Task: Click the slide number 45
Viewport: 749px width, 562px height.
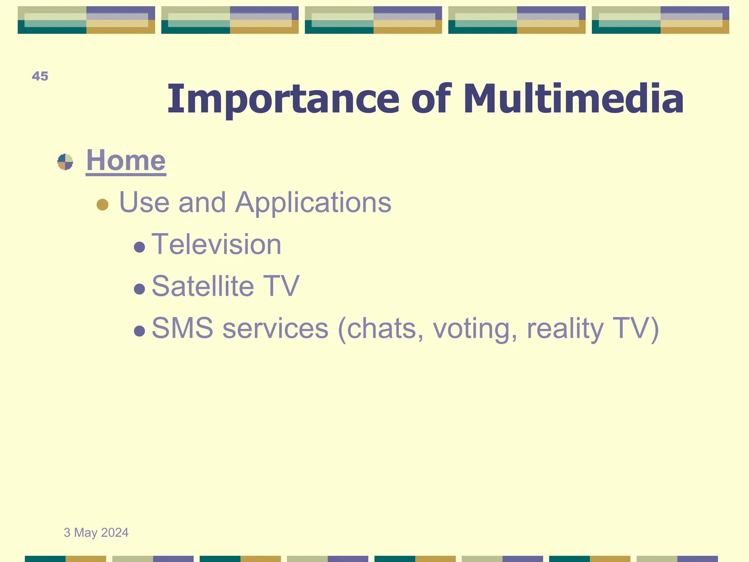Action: [40, 76]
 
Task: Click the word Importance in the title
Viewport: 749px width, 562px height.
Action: [283, 99]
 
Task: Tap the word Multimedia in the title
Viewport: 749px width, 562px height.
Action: [573, 98]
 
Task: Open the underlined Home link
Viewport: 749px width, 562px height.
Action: [126, 161]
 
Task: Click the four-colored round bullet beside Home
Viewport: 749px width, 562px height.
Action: [65, 162]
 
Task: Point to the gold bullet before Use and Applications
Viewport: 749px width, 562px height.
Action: [102, 205]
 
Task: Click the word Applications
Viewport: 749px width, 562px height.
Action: [313, 203]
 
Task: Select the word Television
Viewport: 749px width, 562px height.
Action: [216, 244]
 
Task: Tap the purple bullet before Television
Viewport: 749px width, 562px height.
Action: [140, 247]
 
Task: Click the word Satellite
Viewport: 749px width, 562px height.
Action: [203, 286]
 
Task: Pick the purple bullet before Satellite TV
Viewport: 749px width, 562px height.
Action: [140, 289]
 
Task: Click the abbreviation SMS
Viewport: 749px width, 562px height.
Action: [182, 328]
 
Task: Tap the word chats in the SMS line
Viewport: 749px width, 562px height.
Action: [385, 328]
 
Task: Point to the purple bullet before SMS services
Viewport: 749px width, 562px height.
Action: [140, 331]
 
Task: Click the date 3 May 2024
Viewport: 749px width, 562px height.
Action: [96, 533]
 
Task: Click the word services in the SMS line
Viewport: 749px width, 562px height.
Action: [275, 328]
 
